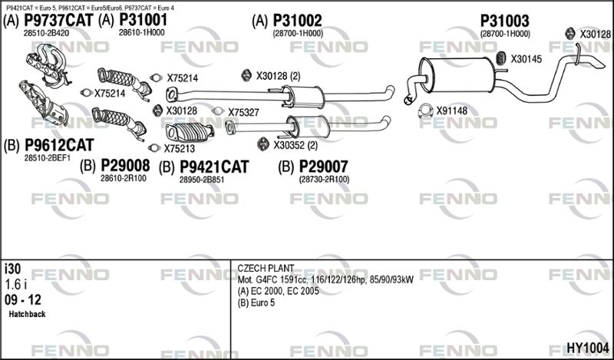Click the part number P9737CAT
tap(59, 20)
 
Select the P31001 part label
tap(143, 20)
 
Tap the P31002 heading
tap(297, 21)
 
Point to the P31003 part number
tap(504, 21)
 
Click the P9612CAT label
tap(59, 145)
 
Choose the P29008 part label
tap(125, 166)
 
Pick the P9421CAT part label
tap(214, 167)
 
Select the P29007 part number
tap(323, 167)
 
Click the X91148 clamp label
tap(452, 111)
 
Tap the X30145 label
tap(527, 59)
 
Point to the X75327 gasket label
tap(243, 113)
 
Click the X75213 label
tap(180, 149)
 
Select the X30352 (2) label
tap(295, 145)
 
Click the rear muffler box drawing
tap(457, 75)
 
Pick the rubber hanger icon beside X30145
tap(501, 58)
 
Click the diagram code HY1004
tap(588, 348)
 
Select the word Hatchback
tap(27, 314)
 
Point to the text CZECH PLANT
tap(266, 269)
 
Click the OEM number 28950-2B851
tap(202, 180)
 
